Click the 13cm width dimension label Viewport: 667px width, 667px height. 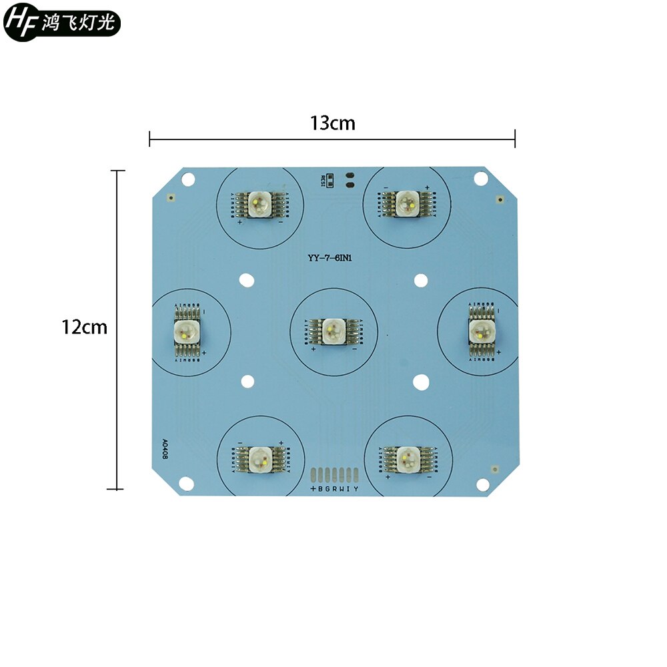[332, 123]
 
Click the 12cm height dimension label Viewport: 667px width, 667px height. [84, 327]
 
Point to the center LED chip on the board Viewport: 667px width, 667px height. [331, 330]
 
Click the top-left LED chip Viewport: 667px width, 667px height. [257, 203]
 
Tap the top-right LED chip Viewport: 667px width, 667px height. [406, 203]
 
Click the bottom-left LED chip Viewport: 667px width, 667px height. [259, 458]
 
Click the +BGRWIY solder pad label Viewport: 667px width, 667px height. [334, 489]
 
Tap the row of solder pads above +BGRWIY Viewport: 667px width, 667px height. [334, 474]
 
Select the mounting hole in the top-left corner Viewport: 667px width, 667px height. [189, 179]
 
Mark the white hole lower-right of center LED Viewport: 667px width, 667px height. [420, 382]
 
